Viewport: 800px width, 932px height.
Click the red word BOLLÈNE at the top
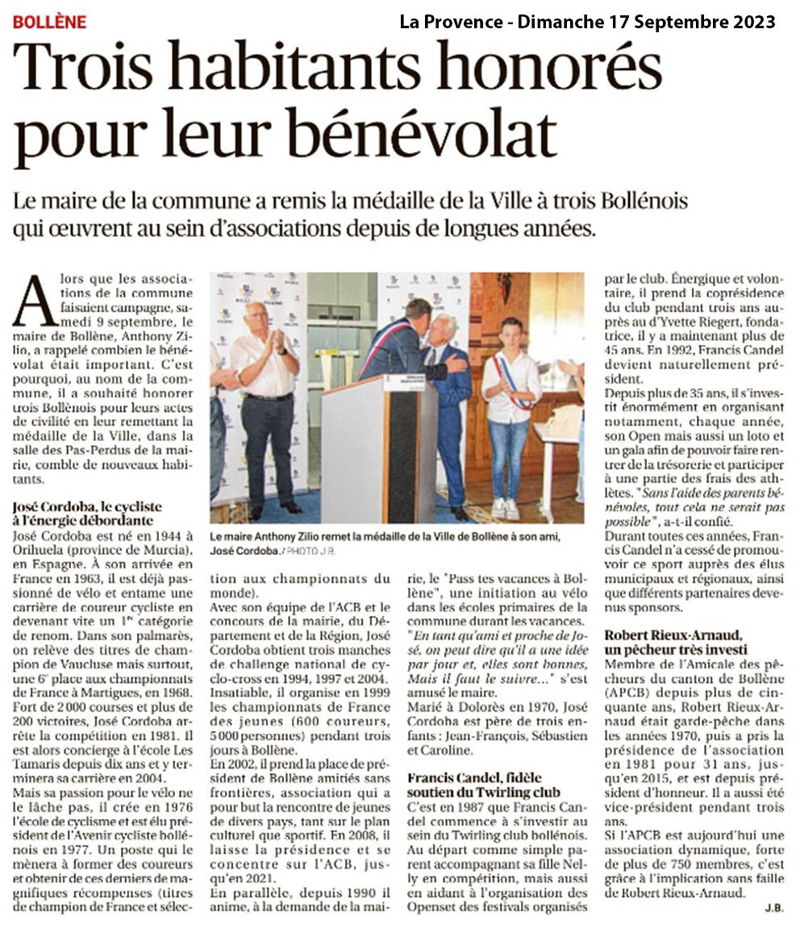[49, 22]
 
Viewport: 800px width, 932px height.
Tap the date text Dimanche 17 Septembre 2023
[646, 22]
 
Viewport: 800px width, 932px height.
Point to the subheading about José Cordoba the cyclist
[88, 513]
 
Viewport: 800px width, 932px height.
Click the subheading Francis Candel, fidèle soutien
[483, 784]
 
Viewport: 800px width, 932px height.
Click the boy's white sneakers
[505, 509]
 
